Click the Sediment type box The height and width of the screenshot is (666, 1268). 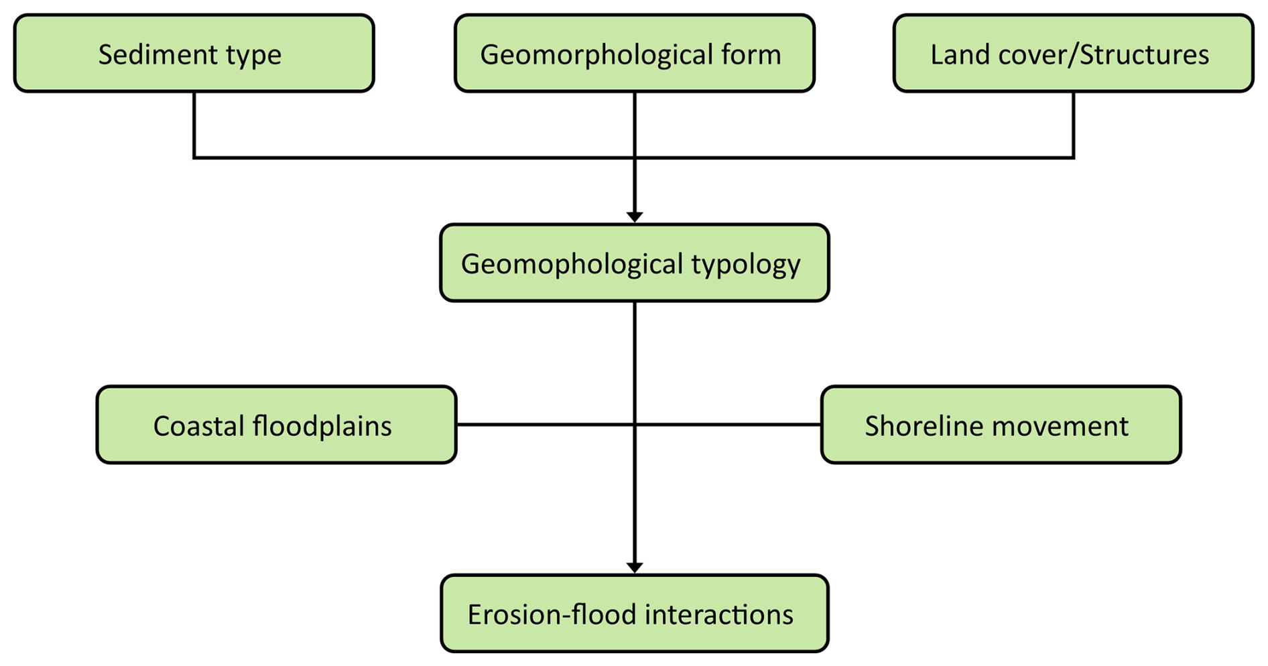tap(194, 54)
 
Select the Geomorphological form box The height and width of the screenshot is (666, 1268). tap(634, 54)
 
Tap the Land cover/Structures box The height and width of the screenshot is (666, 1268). tap(1073, 54)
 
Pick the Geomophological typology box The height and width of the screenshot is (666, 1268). tap(634, 263)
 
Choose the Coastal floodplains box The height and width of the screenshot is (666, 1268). tap(276, 425)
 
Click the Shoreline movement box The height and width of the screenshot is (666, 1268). tap(1001, 425)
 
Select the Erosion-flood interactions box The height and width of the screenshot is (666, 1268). tap(634, 613)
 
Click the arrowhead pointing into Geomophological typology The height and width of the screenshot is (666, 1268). tap(635, 216)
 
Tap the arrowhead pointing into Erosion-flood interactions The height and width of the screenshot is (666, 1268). tap(635, 567)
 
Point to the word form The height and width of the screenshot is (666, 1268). tap(753, 54)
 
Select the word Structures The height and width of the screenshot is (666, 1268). tap(1144, 54)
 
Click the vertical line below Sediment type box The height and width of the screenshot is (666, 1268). tap(194, 124)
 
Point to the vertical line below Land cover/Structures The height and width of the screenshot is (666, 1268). tap(1074, 124)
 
